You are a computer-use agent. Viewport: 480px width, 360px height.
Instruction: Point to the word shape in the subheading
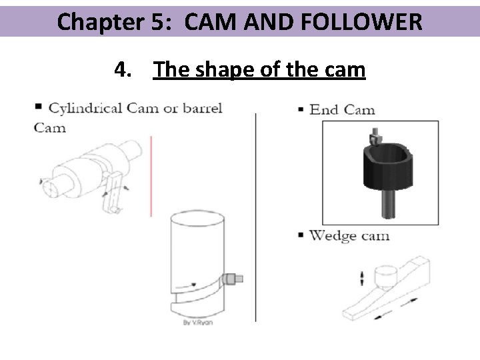click(x=229, y=69)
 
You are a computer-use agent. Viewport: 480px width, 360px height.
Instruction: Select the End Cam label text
click(x=342, y=109)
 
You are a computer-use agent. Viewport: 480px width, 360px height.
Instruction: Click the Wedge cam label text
click(x=349, y=235)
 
